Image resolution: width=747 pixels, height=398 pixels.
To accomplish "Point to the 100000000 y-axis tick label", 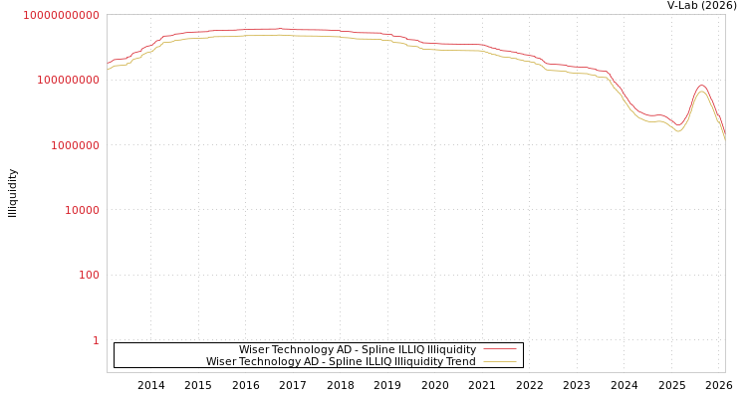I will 66,80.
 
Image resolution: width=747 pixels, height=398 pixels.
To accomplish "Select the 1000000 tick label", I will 72,145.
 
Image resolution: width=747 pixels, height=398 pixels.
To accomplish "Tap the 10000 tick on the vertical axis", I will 78,210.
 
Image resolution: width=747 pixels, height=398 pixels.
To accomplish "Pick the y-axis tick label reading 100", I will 89,275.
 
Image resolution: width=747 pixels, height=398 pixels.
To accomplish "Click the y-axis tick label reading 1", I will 96,340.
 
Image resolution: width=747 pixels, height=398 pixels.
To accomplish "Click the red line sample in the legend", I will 499,350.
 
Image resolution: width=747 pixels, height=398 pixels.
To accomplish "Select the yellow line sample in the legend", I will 499,362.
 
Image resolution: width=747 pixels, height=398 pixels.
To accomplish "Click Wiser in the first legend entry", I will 254,350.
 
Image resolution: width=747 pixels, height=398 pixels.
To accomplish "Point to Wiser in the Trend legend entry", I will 221,362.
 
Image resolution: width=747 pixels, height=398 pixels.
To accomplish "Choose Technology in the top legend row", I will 302,350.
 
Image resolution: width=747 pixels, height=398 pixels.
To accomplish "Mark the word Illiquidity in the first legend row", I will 446,350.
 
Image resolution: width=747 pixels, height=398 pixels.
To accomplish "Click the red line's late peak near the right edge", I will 702,86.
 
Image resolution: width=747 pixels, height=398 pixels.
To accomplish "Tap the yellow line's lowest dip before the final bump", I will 678,131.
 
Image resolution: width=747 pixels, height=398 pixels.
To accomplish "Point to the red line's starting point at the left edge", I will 108,65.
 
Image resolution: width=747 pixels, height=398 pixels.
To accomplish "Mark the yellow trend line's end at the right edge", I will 724,141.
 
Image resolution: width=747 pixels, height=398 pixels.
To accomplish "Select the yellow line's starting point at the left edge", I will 108,71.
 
